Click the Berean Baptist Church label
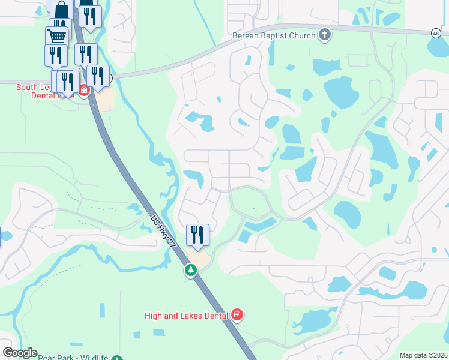pos(274,35)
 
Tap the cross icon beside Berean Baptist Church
pos(325,35)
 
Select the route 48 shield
pos(435,34)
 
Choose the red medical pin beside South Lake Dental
pos(84,91)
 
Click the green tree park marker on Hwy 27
pos(191,271)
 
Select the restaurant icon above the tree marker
pos(197,235)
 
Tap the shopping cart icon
pos(57,36)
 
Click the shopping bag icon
pos(62,10)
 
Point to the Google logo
pos(20,353)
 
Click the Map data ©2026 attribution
pos(423,355)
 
